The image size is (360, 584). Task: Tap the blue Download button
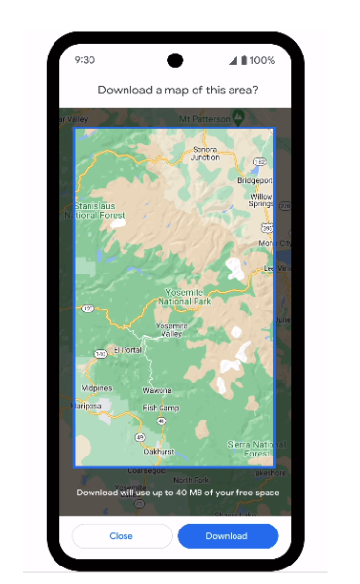point(228,536)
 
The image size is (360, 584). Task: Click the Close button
point(121,536)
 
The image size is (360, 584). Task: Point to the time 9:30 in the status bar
point(85,60)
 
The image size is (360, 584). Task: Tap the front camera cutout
point(175,60)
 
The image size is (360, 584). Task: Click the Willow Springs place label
point(261,201)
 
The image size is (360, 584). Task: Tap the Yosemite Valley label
point(170,330)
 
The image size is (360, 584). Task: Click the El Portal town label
point(127,348)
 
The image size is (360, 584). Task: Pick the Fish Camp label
point(159,407)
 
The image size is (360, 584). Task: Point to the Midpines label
point(96,388)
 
